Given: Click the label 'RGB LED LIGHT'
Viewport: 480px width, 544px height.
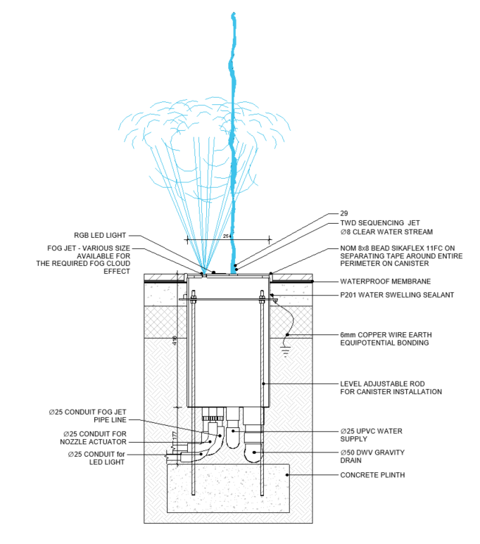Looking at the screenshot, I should [x=101, y=236].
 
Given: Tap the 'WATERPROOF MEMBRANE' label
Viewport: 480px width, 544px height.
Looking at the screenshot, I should [x=381, y=282].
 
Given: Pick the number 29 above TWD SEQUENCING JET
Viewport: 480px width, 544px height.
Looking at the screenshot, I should [x=344, y=213].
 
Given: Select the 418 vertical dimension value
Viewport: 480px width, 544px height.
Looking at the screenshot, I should [x=175, y=343].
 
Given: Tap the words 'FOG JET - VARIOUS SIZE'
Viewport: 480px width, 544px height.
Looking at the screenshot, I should [x=86, y=248].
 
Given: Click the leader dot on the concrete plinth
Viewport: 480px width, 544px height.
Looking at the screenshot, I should [x=287, y=475].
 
